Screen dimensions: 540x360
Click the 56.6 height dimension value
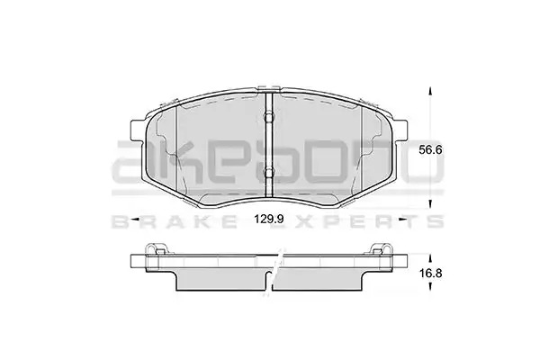[x=430, y=150]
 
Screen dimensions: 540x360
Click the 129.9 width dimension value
[x=268, y=219]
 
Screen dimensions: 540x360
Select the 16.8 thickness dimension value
[x=430, y=274]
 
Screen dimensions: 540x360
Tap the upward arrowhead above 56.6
[x=429, y=91]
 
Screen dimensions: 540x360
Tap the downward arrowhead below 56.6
[x=429, y=205]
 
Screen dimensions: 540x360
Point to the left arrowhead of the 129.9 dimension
[x=135, y=219]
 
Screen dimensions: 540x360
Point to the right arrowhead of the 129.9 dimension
[x=401, y=219]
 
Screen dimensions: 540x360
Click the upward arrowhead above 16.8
[x=429, y=258]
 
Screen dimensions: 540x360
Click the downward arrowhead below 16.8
[x=429, y=285]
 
